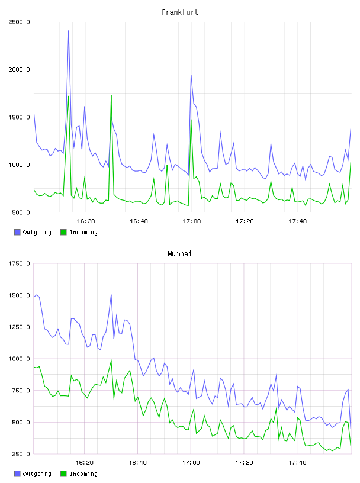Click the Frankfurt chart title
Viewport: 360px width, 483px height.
(x=180, y=12)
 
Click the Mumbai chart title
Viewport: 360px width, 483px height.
(x=179, y=254)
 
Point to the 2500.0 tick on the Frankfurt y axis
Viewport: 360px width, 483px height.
(x=19, y=22)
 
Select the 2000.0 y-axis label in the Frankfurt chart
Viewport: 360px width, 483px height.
(x=19, y=70)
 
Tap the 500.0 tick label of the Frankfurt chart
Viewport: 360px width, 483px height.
(x=21, y=212)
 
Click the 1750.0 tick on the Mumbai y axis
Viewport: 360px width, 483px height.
(x=19, y=263)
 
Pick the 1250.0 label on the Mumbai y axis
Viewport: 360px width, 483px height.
(x=19, y=327)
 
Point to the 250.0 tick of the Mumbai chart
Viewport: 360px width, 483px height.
(x=21, y=454)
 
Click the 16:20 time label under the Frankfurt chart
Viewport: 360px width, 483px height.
(x=86, y=221)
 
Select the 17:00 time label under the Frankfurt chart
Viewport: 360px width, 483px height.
(x=192, y=221)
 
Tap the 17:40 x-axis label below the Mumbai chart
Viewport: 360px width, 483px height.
(x=297, y=463)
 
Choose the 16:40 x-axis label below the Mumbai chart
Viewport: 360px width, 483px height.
(x=137, y=463)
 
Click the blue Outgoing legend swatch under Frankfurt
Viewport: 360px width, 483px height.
(x=17, y=232)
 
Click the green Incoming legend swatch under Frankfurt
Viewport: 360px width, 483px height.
(x=63, y=232)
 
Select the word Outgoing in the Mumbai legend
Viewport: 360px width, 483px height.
(x=37, y=474)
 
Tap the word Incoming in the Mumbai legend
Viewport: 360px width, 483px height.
(x=83, y=474)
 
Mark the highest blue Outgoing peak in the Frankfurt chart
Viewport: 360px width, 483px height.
(x=69, y=31)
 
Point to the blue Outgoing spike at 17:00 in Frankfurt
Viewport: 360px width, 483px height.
(x=191, y=75)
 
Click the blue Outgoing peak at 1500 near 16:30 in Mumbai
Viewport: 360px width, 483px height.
(x=111, y=295)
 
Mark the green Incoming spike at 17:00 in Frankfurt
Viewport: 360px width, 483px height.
(x=191, y=120)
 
